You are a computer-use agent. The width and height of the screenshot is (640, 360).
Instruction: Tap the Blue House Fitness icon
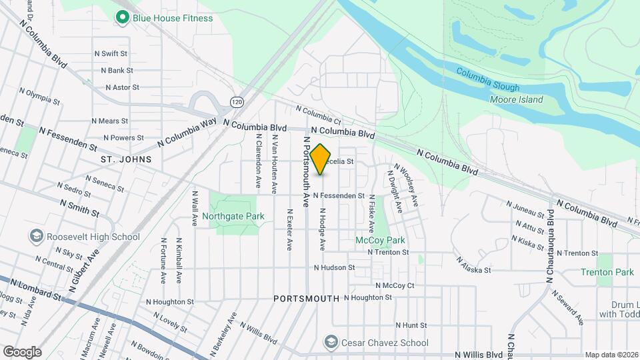coord(122,18)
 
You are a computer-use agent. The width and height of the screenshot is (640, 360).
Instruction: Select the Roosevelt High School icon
coord(36,237)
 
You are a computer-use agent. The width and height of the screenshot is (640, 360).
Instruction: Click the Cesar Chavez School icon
coord(330,343)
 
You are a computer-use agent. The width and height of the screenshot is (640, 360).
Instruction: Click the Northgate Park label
coord(233,216)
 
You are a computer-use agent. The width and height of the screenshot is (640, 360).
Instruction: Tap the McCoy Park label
coord(380,240)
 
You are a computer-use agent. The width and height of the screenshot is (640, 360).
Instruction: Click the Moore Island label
coord(516,100)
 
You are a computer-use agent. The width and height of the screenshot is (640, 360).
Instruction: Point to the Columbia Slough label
coord(488,79)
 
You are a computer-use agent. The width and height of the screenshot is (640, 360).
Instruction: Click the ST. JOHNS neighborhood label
coord(126,159)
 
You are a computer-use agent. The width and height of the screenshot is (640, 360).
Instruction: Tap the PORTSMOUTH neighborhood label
coord(306,299)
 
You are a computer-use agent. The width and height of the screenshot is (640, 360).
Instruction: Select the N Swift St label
coord(111,53)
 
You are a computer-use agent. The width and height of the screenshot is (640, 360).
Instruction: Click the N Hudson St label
coord(335,267)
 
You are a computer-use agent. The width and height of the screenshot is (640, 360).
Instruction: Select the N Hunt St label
coord(411,325)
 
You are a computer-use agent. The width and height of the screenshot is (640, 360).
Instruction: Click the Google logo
coord(22,351)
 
